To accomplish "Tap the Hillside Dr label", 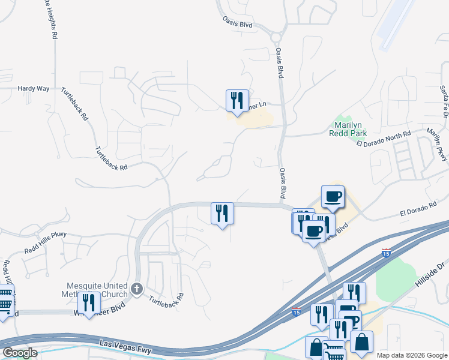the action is pyautogui.click(x=432, y=273).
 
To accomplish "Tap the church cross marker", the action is pyautogui.click(x=137, y=289).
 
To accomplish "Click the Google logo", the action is pyautogui.click(x=20, y=353).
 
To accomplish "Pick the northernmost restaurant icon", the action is pyautogui.click(x=237, y=100).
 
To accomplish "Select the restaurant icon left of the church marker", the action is pyautogui.click(x=89, y=302).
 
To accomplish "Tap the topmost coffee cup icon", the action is pyautogui.click(x=333, y=196).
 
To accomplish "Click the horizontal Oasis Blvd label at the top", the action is pyautogui.click(x=237, y=25).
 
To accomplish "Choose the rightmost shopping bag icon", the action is pyautogui.click(x=361, y=342).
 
